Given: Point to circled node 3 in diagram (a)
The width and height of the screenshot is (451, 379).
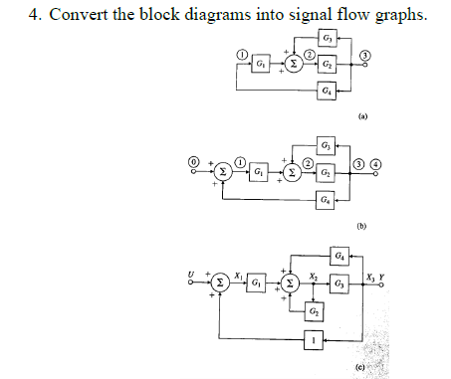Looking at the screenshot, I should click(x=365, y=55).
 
